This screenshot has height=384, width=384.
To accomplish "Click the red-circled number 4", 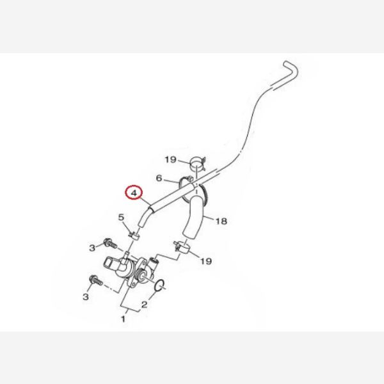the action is tap(134, 193).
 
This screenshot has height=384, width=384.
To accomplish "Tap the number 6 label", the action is tap(159, 178).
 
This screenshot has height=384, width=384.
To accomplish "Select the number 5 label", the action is tap(121, 217).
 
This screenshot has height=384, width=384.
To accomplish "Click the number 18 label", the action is tap(221, 221).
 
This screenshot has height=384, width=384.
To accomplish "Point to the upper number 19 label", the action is tap(171, 159).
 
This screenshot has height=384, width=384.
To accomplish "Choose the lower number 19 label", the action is tap(206, 261).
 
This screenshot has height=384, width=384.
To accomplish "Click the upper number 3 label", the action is tap(92, 248).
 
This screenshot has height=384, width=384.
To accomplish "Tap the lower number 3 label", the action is tap(86, 297).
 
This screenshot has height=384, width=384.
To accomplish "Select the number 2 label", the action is tap(144, 305).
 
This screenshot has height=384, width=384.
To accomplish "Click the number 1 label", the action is tap(123, 319).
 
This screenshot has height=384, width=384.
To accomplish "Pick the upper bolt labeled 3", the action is tap(110, 243).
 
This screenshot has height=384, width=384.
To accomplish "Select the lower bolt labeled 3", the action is tap(96, 280).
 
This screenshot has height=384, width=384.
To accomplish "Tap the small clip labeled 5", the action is tap(134, 236).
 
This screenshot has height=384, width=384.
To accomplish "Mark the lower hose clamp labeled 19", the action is tap(182, 246).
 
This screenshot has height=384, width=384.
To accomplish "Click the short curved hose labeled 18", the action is tap(194, 217).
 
